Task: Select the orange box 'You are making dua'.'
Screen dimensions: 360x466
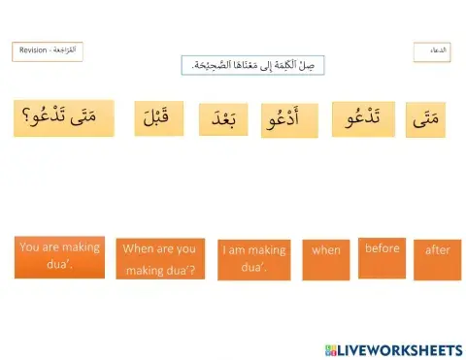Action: [60, 256]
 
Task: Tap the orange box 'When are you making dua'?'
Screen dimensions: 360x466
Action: [159, 259]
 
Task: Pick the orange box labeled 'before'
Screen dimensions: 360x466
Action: [382, 256]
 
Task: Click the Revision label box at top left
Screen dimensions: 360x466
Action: [47, 51]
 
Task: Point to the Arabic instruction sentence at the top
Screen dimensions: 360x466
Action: [252, 65]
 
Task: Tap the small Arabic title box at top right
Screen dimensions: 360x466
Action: [432, 52]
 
